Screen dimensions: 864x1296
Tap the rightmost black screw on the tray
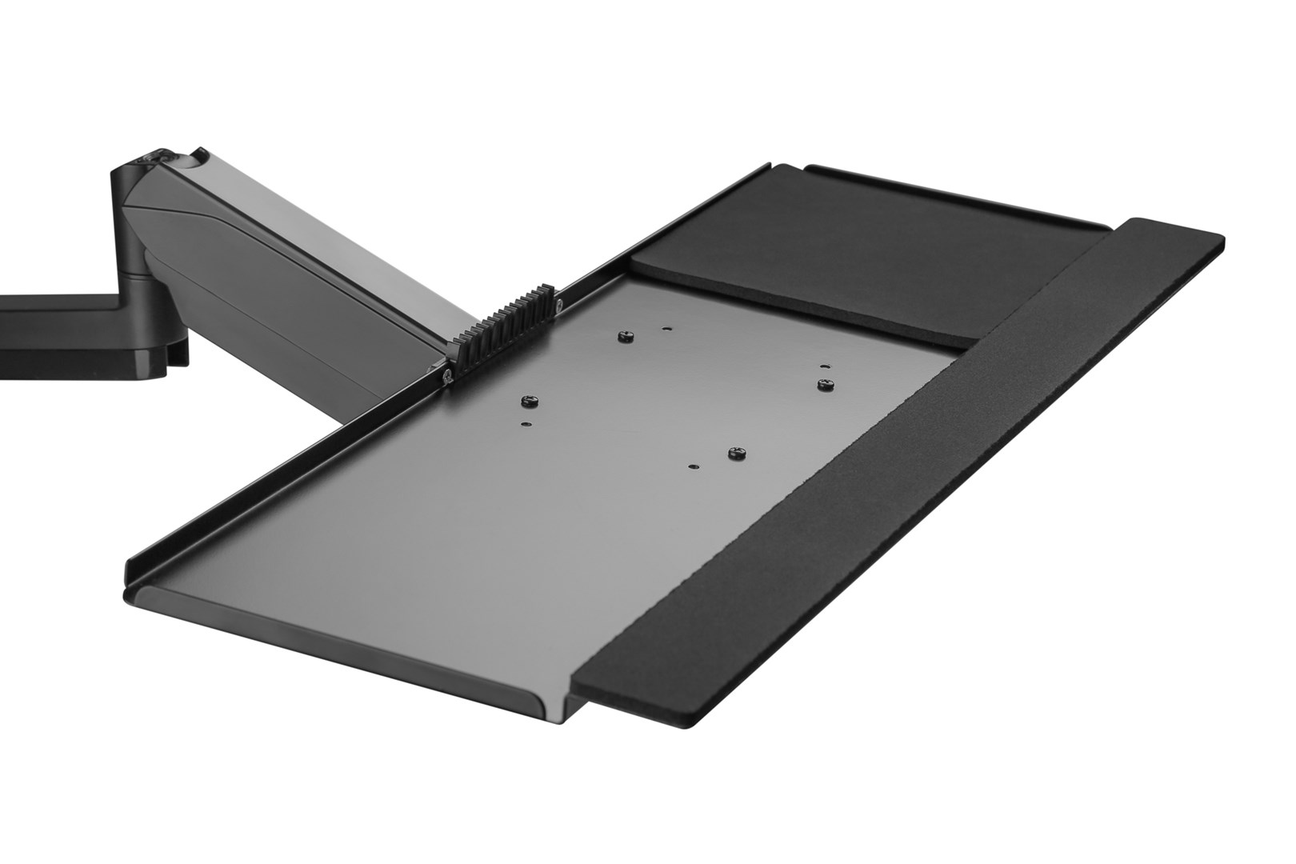point(824,384)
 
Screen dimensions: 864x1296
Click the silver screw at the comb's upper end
point(559,303)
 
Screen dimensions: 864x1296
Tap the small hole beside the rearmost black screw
point(666,327)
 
